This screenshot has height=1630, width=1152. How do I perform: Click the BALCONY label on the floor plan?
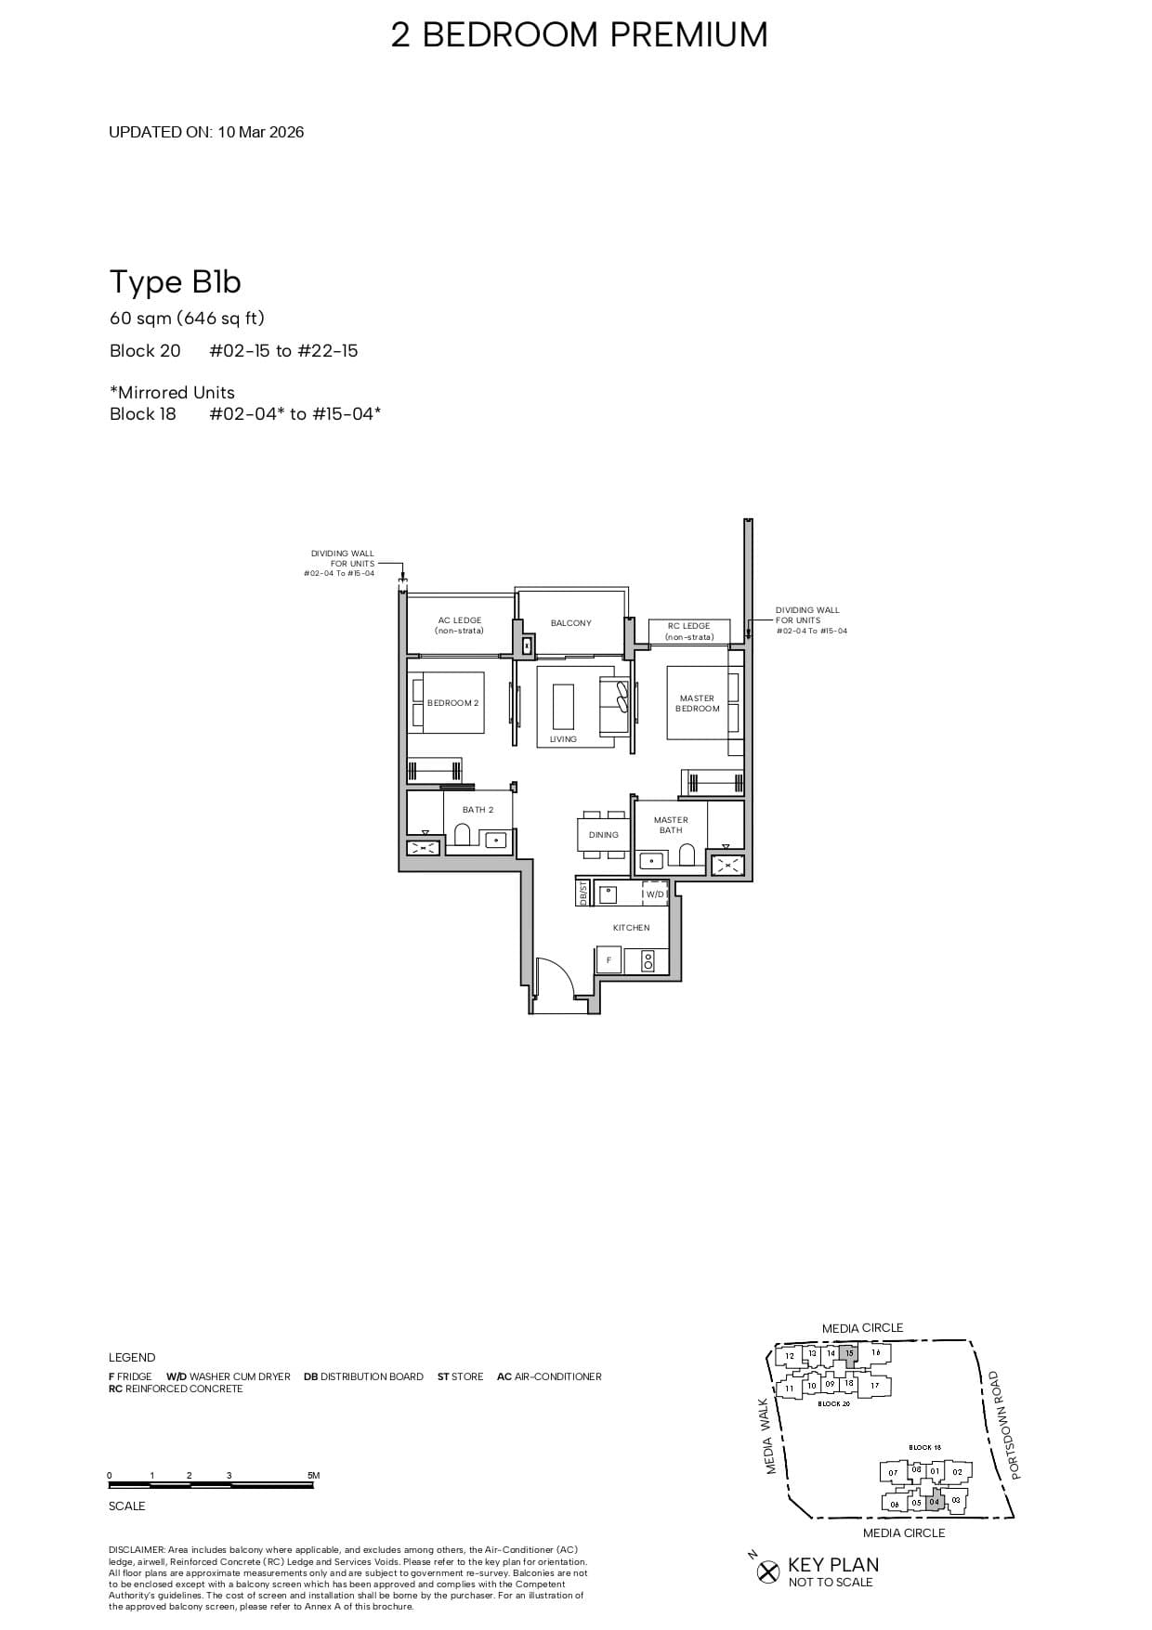point(570,623)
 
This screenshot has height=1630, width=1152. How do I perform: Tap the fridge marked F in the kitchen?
point(609,960)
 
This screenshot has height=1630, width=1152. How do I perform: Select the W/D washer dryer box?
point(655,894)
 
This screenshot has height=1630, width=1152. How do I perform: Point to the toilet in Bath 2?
point(463,834)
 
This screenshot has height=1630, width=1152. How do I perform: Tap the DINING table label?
point(603,835)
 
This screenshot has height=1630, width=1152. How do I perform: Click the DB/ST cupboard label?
point(583,893)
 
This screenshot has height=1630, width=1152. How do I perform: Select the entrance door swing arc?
point(556,975)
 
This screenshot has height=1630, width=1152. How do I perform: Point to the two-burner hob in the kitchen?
point(648,960)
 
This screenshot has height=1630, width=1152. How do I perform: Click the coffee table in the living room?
point(563,706)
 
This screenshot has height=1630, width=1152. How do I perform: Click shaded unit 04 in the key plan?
point(935,1502)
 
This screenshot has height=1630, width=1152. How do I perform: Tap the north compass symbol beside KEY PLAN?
point(767,1571)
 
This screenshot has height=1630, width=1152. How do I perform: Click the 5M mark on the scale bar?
point(313,1476)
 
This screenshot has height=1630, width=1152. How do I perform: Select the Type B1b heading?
point(176,281)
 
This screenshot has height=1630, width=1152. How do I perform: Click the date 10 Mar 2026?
point(261,132)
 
